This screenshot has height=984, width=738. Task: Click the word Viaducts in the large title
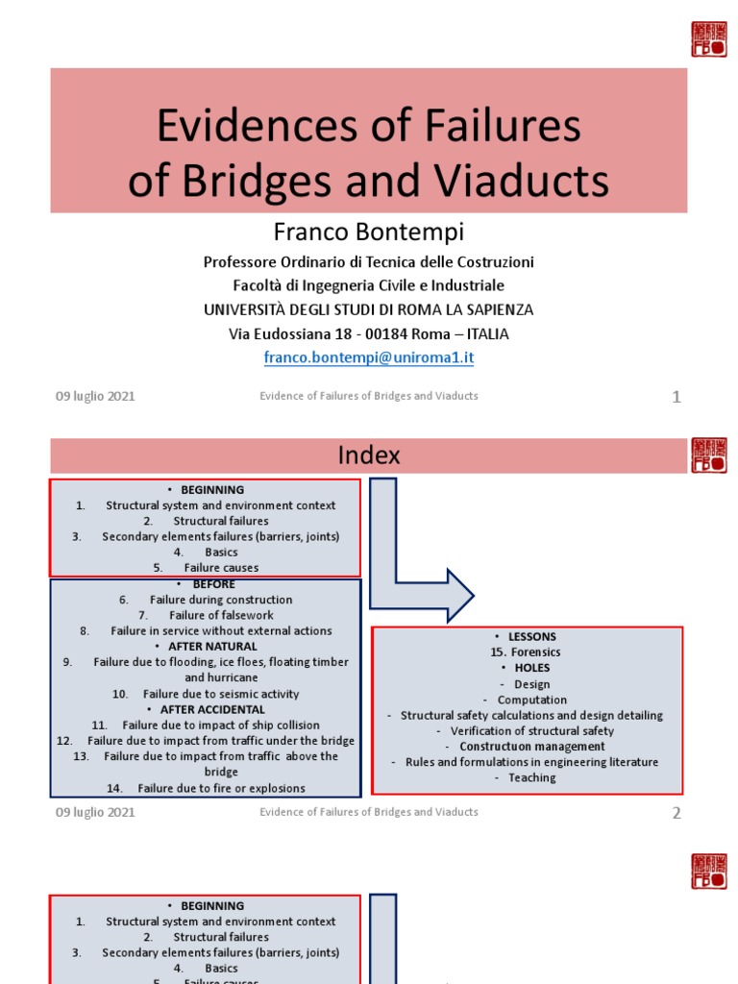coord(528,181)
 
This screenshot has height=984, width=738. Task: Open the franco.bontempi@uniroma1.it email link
coord(369,357)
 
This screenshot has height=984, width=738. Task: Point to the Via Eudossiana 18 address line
coord(369,333)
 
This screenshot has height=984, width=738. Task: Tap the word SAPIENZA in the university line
coord(493,309)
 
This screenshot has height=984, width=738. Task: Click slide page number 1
coord(676,396)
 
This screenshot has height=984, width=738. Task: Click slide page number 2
coord(676,813)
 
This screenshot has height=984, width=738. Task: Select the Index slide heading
coord(369,455)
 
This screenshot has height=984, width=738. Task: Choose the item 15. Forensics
coord(526,652)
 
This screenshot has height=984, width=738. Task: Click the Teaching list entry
coord(532,777)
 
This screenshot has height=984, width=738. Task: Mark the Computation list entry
coord(532,700)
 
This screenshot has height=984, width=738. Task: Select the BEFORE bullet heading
coord(213,584)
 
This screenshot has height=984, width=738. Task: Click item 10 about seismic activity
coord(220,694)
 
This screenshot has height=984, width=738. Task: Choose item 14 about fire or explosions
coord(221,788)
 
